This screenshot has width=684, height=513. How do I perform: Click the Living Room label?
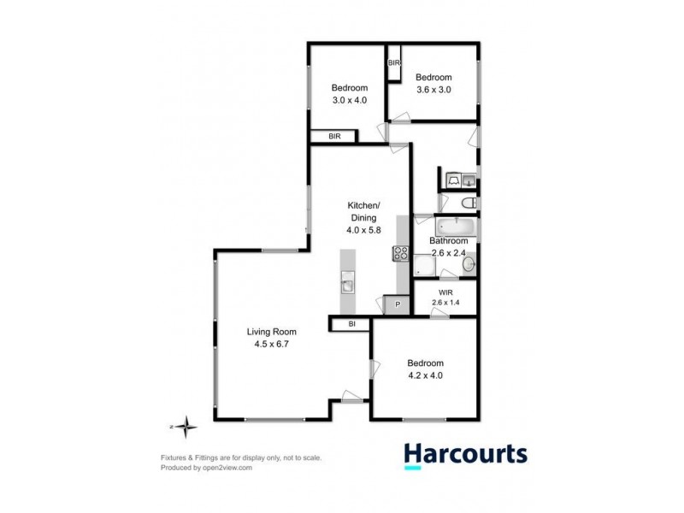point(271,332)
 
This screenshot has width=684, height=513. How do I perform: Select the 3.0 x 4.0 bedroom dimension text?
point(349,100)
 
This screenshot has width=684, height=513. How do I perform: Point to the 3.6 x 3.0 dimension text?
point(433,89)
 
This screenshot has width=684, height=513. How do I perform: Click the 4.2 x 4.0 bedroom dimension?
point(425,374)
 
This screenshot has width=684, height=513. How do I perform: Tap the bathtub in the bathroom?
point(456,227)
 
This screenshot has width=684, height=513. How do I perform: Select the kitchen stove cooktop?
point(401,253)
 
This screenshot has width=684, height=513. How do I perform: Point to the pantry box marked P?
point(397,304)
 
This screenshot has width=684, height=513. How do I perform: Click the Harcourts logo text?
point(465,453)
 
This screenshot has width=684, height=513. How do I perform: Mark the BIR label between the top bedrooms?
point(394,63)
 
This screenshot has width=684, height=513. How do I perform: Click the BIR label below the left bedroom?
point(334,136)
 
